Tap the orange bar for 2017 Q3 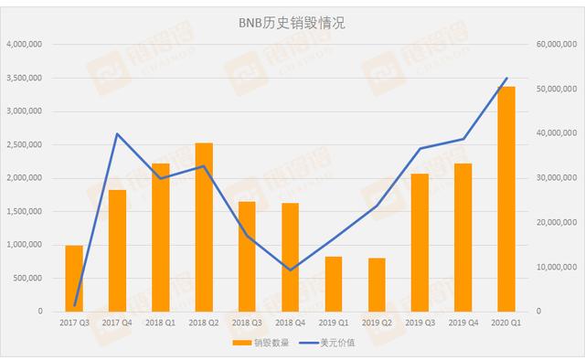pyautogui.click(x=74, y=278)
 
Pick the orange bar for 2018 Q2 pyautogui.click(x=204, y=227)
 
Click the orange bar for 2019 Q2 pyautogui.click(x=377, y=284)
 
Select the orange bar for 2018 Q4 pyautogui.click(x=290, y=257)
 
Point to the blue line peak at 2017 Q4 pyautogui.click(x=117, y=134)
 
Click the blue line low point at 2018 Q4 pyautogui.click(x=290, y=270)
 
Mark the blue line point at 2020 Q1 pyautogui.click(x=506, y=79)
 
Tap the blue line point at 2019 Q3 pyautogui.click(x=420, y=149)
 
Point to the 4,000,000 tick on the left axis pyautogui.click(x=27, y=45)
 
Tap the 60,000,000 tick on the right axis pyautogui.click(x=555, y=45)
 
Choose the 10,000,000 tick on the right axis pyautogui.click(x=555, y=267)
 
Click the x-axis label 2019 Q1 pyautogui.click(x=334, y=322)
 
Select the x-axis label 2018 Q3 pyautogui.click(x=247, y=322)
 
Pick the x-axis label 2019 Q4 pyautogui.click(x=463, y=322)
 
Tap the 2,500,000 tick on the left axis pyautogui.click(x=27, y=144)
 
